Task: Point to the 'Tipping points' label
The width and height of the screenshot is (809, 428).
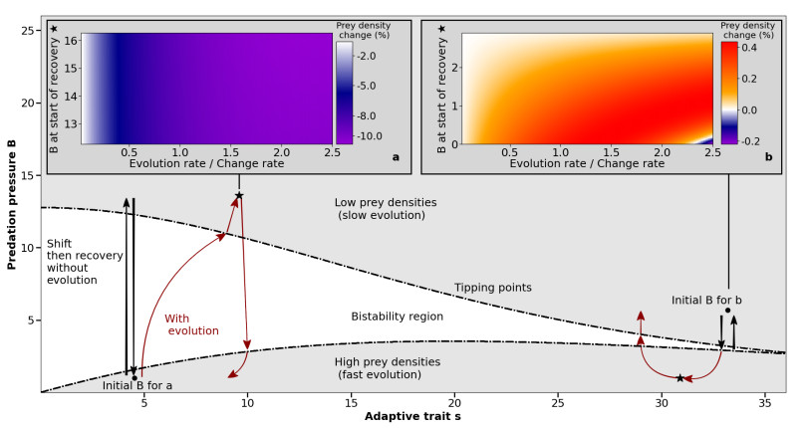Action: (492, 288)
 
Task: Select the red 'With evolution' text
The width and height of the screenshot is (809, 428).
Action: (191, 324)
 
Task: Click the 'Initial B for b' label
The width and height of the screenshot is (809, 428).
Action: (706, 299)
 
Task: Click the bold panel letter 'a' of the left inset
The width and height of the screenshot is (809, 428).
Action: (396, 156)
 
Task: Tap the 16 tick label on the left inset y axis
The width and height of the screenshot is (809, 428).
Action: (71, 41)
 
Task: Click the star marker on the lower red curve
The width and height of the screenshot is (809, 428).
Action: (680, 378)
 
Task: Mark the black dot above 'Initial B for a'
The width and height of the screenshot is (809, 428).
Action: (135, 377)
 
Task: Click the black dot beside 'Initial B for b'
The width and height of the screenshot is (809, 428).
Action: (728, 311)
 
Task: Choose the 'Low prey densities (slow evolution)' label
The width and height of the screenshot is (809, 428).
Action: (385, 209)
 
